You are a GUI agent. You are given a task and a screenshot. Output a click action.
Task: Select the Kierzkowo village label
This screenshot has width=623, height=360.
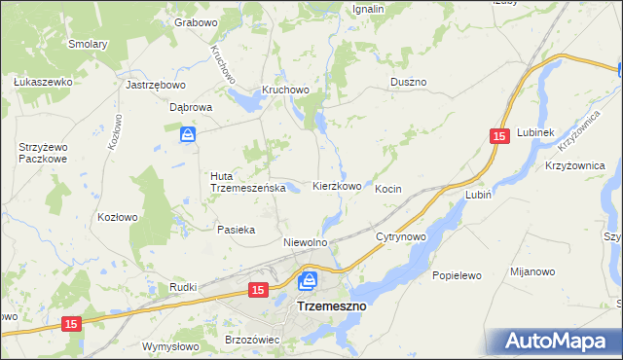tap(338, 185)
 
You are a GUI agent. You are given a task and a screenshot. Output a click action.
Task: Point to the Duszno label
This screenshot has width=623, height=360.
tap(408, 84)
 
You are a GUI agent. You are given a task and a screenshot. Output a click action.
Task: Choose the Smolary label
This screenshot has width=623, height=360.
tap(88, 44)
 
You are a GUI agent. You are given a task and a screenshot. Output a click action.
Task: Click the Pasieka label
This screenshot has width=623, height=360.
tap(236, 230)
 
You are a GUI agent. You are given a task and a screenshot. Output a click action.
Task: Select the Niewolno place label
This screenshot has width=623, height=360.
tap(304, 241)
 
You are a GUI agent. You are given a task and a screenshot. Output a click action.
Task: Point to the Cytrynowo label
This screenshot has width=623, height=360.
tap(401, 236)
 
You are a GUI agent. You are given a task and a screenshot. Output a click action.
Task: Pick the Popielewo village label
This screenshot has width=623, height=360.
tap(458, 275)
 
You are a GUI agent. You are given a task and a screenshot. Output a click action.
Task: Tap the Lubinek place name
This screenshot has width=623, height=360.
tap(535, 131)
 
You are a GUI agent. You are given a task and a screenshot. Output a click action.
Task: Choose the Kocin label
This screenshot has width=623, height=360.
tap(388, 189)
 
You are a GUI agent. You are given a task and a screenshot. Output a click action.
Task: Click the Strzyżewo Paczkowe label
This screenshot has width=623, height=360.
tap(43, 153)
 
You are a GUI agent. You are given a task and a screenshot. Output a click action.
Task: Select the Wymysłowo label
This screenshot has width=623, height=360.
tap(170, 346)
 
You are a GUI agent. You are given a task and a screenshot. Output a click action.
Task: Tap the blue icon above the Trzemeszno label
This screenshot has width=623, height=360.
tap(308, 281)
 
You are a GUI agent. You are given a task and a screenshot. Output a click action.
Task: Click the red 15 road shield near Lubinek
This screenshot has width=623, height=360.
tap(499, 139)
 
